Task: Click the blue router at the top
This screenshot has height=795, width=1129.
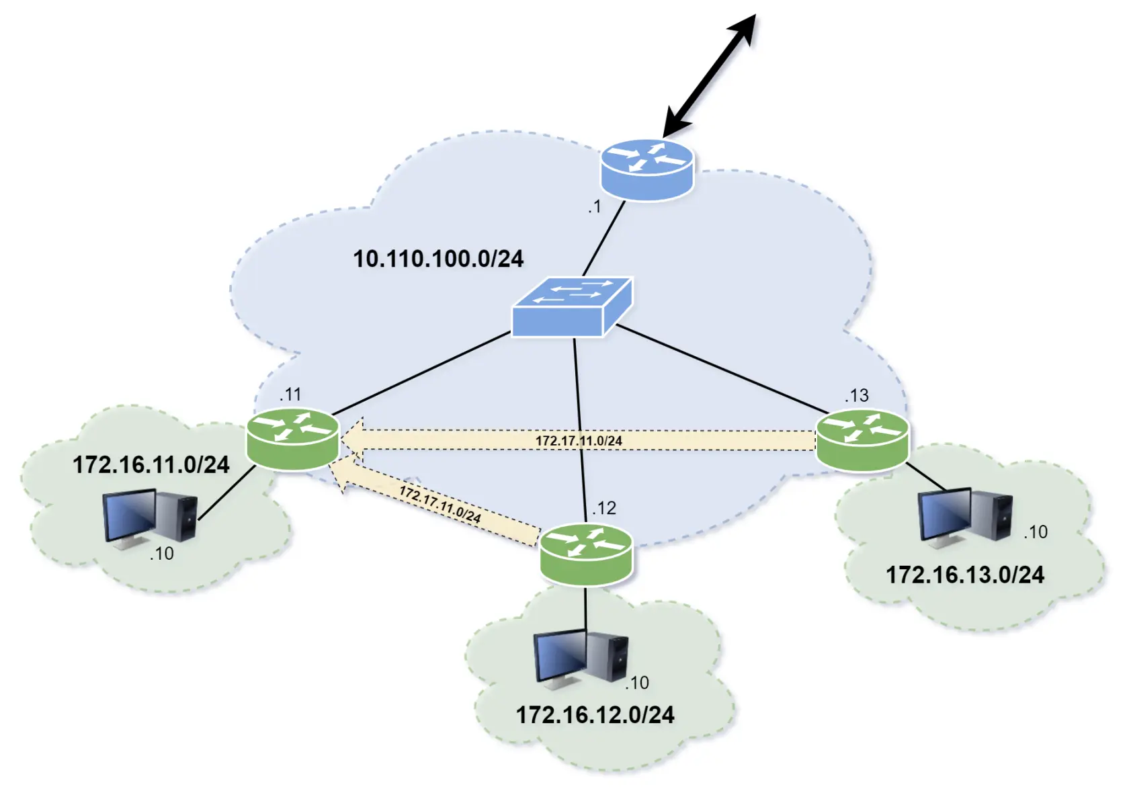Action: (646, 169)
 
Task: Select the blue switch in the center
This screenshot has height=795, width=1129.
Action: (571, 307)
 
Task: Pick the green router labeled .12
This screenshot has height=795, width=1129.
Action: (586, 554)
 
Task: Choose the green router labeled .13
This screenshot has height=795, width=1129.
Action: (862, 440)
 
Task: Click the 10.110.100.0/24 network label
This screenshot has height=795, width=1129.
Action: (438, 259)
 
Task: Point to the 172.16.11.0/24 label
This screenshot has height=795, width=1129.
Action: (151, 464)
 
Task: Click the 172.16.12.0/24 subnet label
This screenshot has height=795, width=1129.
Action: (595, 714)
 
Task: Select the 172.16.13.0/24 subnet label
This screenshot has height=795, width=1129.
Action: (965, 575)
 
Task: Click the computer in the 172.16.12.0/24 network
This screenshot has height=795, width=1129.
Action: (581, 658)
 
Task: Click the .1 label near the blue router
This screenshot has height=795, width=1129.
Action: (594, 207)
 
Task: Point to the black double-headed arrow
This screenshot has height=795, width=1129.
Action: (710, 74)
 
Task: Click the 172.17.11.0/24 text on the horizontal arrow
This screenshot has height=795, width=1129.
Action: (579, 441)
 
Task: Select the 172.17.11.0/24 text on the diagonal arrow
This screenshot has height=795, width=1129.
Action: (440, 504)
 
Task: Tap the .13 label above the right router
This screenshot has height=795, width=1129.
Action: (857, 395)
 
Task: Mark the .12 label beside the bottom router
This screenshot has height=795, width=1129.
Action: (603, 508)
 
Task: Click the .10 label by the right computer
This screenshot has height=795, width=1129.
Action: (1036, 532)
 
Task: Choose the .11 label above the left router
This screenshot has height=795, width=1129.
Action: (290, 394)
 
